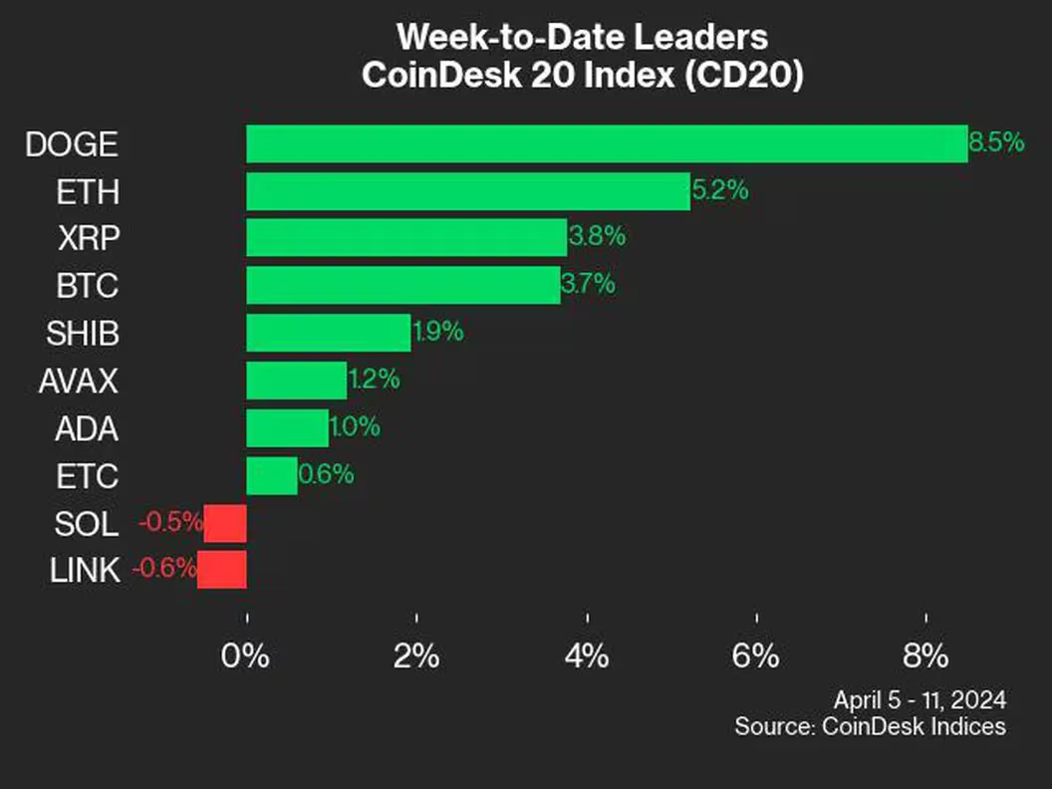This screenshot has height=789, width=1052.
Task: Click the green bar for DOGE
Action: pos(606,143)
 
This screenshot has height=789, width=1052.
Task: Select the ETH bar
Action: pos(467,191)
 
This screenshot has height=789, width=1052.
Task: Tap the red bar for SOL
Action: pos(225,523)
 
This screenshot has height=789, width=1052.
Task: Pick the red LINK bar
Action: pos(221,571)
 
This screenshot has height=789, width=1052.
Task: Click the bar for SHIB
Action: pos(328,333)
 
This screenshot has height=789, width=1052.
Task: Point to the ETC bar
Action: pos(271,475)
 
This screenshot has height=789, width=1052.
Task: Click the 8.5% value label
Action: pos(996,142)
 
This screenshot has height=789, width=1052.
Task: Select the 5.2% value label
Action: pos(720,190)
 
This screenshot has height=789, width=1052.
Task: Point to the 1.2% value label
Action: pos(374,380)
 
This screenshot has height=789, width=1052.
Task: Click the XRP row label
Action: pos(87,239)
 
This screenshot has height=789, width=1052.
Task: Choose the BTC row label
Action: pos(88,287)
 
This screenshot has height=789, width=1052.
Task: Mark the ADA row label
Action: pos(87,428)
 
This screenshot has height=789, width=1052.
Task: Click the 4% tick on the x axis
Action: pos(587,657)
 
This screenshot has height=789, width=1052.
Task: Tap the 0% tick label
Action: pos(245,657)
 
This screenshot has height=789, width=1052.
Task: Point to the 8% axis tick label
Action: pos(925,657)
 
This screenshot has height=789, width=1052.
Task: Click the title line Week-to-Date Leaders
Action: pos(583,38)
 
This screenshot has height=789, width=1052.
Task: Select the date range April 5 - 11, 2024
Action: pos(919,698)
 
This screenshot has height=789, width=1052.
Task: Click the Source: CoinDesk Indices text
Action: pos(870,726)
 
